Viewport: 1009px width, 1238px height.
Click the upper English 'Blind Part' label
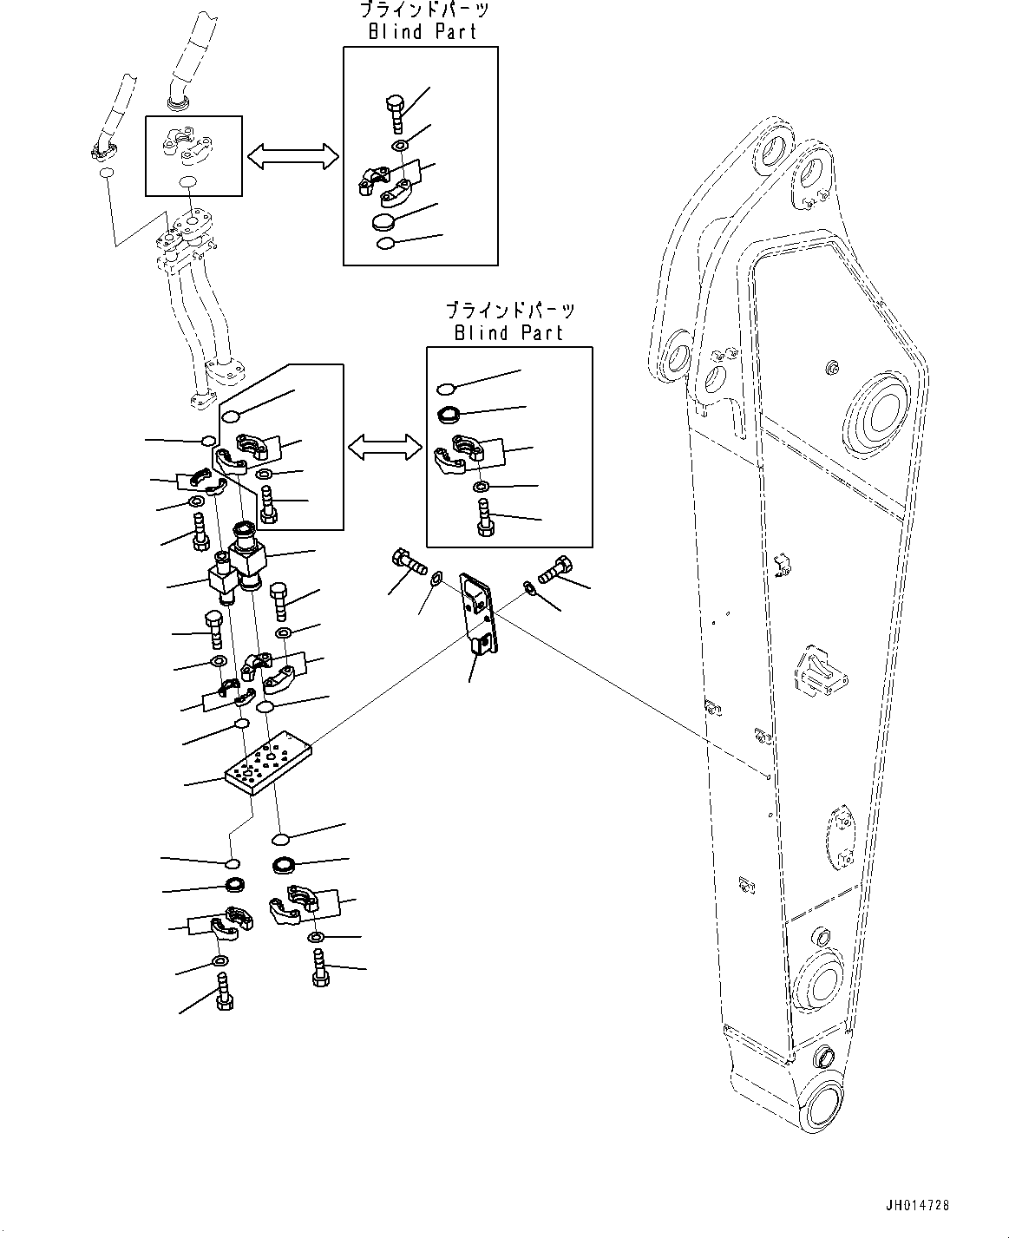(421, 32)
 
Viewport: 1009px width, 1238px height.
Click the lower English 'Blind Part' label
(508, 332)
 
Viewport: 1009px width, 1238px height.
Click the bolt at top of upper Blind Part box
(394, 114)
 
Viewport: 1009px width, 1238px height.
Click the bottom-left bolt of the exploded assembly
(223, 994)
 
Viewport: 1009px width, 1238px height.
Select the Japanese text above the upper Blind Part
(423, 11)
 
